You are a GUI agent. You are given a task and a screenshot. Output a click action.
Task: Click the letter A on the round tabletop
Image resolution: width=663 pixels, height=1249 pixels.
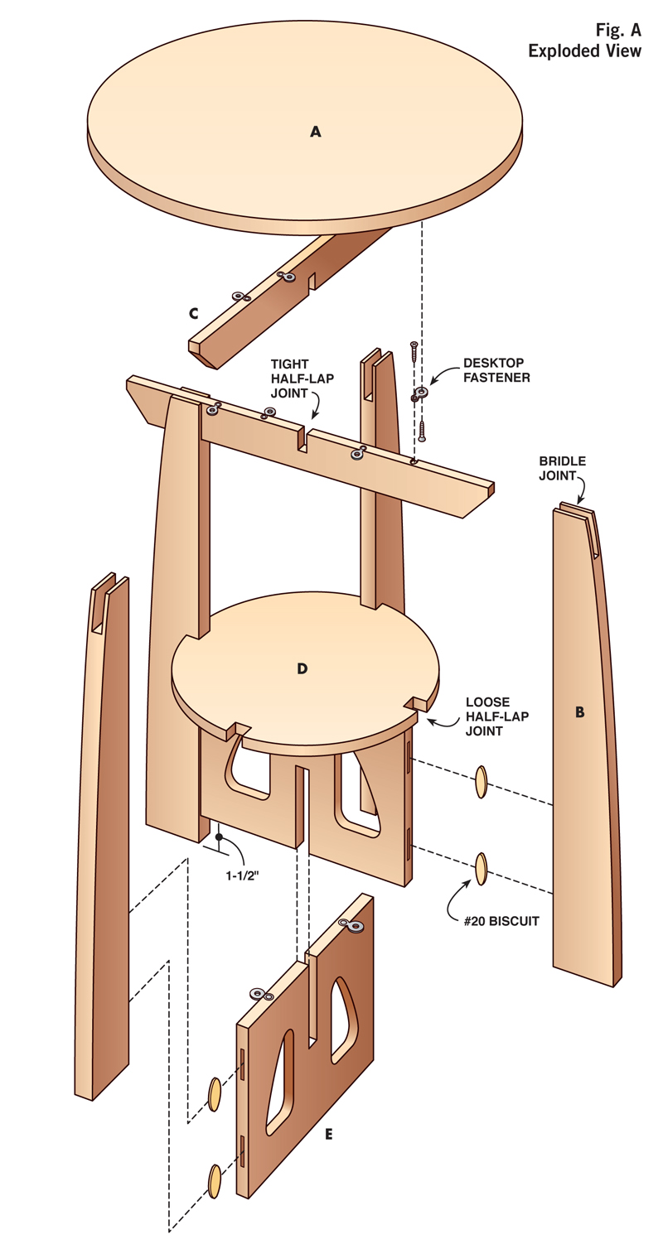coord(315,131)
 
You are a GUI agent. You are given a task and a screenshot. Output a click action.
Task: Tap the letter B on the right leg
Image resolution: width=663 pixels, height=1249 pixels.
coord(579,711)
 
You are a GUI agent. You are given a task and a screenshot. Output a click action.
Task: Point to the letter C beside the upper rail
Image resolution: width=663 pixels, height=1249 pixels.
coord(193,313)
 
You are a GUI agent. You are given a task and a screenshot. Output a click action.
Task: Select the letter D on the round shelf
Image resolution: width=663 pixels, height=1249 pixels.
coord(302,668)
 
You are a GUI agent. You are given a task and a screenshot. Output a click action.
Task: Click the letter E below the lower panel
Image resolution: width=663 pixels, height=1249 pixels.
coord(329,1134)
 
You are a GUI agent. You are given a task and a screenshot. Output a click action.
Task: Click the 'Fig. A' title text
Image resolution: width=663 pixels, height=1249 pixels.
coord(618,31)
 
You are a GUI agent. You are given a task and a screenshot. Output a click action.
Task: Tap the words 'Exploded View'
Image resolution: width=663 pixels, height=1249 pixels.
coord(585,51)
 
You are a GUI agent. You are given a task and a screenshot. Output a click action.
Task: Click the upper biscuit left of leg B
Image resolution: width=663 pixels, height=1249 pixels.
coord(482,783)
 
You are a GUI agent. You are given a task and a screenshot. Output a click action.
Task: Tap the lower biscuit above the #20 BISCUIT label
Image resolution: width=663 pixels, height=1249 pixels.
coord(481,868)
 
